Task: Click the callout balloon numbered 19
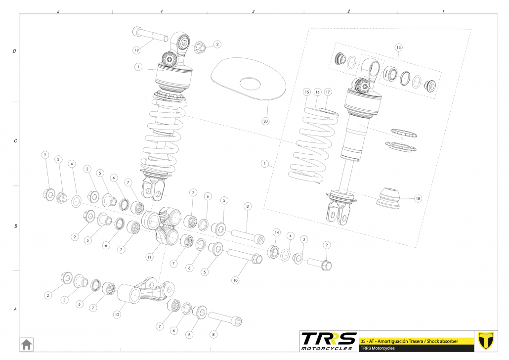click(x=137, y=50)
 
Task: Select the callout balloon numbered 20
click(x=265, y=120)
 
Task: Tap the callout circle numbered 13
click(x=398, y=47)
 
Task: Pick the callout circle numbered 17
click(x=328, y=92)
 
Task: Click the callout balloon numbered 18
click(x=418, y=198)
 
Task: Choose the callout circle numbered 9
click(x=326, y=245)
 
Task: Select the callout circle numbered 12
click(x=117, y=314)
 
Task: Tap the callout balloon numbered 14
click(x=277, y=232)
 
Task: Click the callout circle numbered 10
click(x=236, y=280)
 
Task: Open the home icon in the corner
click(x=26, y=344)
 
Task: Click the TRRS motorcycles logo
click(x=329, y=341)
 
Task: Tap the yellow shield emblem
click(x=487, y=341)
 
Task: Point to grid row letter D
click(x=15, y=51)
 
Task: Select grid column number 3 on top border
click(x=253, y=11)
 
